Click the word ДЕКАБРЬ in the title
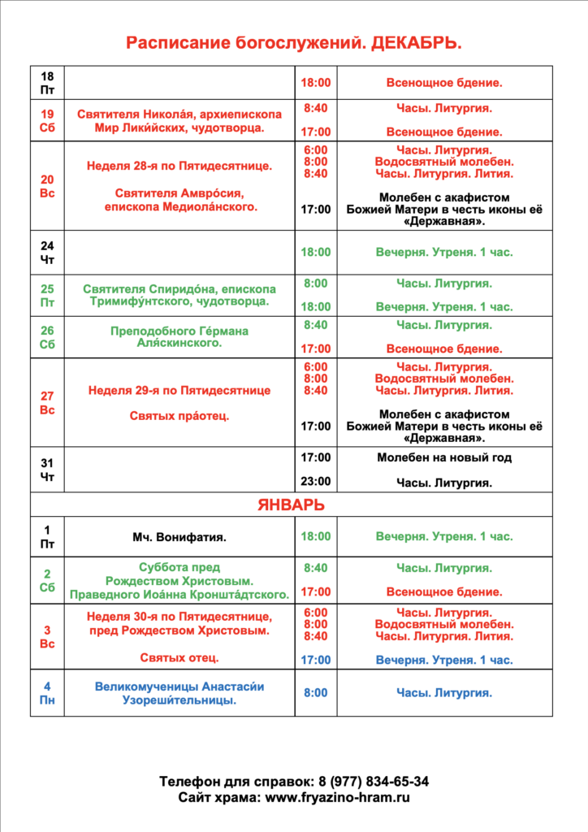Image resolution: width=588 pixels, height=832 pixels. (416, 43)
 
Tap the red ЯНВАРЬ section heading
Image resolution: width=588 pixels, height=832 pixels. (291, 505)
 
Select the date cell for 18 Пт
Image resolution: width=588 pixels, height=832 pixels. (47, 83)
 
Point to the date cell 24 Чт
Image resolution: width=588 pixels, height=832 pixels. (47, 252)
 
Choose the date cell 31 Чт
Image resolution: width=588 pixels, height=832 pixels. (47, 470)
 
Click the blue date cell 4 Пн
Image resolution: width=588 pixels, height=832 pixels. (47, 693)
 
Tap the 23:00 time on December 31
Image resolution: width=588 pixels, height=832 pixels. (316, 481)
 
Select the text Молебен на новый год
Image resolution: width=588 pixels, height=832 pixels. (444, 457)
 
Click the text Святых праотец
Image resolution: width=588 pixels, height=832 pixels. (179, 415)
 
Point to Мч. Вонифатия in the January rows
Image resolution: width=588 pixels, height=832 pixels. (179, 537)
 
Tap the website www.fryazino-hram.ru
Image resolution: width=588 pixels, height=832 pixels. (337, 798)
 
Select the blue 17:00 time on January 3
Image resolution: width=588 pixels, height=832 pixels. (316, 660)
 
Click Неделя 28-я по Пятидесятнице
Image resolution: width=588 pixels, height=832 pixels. (179, 167)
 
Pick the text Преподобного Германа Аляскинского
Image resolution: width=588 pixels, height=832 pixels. (179, 337)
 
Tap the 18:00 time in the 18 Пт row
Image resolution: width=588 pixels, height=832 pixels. (316, 83)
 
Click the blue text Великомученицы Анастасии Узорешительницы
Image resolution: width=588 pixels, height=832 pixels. (179, 693)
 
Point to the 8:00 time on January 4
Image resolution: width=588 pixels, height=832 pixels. (316, 693)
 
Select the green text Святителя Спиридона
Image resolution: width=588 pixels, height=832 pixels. (179, 295)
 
